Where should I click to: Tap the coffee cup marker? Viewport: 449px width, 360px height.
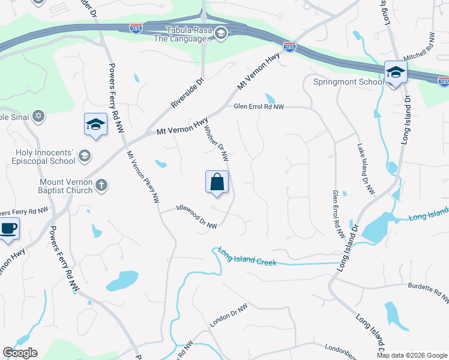tap(8, 229)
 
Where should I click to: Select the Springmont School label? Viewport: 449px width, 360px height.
tap(348, 82)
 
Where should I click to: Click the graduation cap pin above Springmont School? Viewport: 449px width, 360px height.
tap(396, 73)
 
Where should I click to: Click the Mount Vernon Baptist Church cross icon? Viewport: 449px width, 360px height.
tap(101, 185)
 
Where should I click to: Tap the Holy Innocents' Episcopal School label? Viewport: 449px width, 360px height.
tap(44, 157)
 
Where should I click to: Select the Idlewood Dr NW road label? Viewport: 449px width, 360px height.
tap(196, 217)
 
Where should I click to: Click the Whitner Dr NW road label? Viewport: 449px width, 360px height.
tap(216, 144)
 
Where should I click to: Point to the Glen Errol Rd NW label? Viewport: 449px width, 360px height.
tap(259, 107)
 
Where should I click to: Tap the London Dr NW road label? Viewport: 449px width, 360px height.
tap(228, 316)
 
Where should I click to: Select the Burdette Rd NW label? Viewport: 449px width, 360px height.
tap(428, 292)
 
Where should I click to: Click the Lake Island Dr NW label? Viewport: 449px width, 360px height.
tap(366, 169)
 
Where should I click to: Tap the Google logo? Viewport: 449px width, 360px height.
tap(20, 353)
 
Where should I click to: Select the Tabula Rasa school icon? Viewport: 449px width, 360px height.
tap(220, 32)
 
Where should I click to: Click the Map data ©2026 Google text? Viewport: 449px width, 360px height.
tap(412, 355)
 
